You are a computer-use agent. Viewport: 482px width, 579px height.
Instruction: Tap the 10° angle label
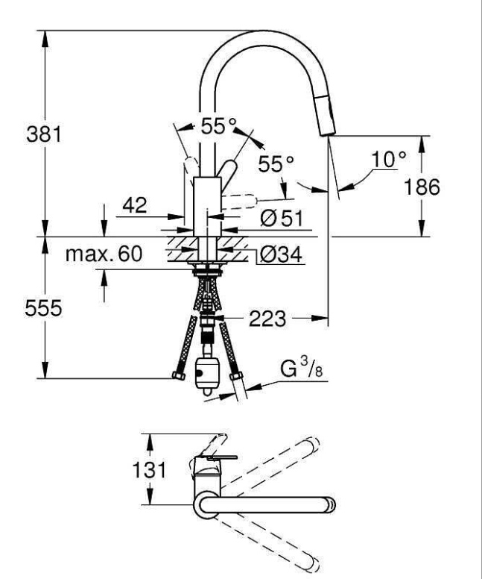[389, 159]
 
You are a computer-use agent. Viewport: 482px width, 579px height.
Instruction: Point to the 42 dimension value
[134, 204]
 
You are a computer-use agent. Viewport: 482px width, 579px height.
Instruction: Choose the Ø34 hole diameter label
[279, 255]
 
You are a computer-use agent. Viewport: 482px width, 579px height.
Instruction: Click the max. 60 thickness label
[104, 254]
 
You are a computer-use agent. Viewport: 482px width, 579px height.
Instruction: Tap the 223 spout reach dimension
[267, 320]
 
